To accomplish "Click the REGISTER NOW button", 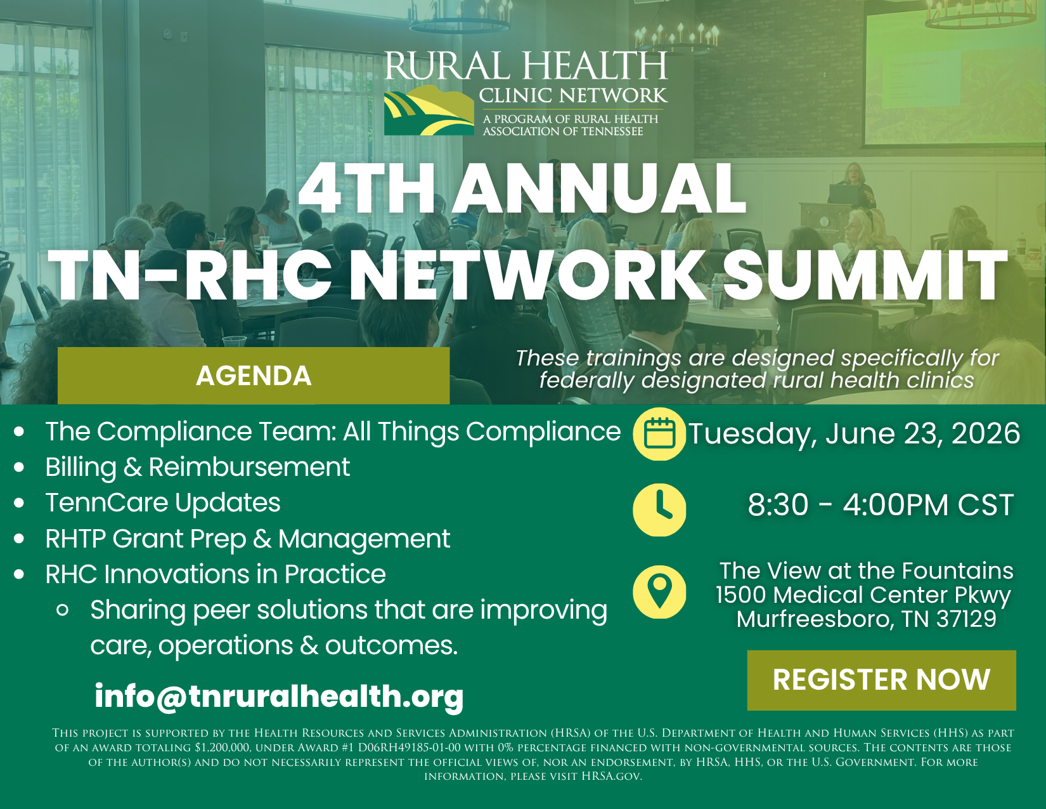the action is pyautogui.click(x=881, y=680).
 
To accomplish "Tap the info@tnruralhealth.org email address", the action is pyautogui.click(x=279, y=696).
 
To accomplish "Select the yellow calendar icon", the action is pyautogui.click(x=659, y=433).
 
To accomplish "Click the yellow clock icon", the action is pyautogui.click(x=659, y=510).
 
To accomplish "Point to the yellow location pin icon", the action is pyautogui.click(x=659, y=592).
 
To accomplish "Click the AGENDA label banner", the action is pyautogui.click(x=254, y=376).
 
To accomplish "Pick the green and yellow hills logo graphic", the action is pyautogui.click(x=429, y=110).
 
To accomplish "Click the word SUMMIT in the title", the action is pyautogui.click(x=865, y=275).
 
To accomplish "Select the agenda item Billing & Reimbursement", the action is pyautogui.click(x=197, y=467).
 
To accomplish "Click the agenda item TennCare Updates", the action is pyautogui.click(x=163, y=503).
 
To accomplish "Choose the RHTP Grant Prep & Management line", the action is pyautogui.click(x=247, y=539).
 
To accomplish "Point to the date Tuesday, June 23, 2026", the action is pyautogui.click(x=854, y=433).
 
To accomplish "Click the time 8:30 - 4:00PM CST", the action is pyautogui.click(x=881, y=505).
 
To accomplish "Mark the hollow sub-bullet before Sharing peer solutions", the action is pyautogui.click(x=62, y=610).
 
